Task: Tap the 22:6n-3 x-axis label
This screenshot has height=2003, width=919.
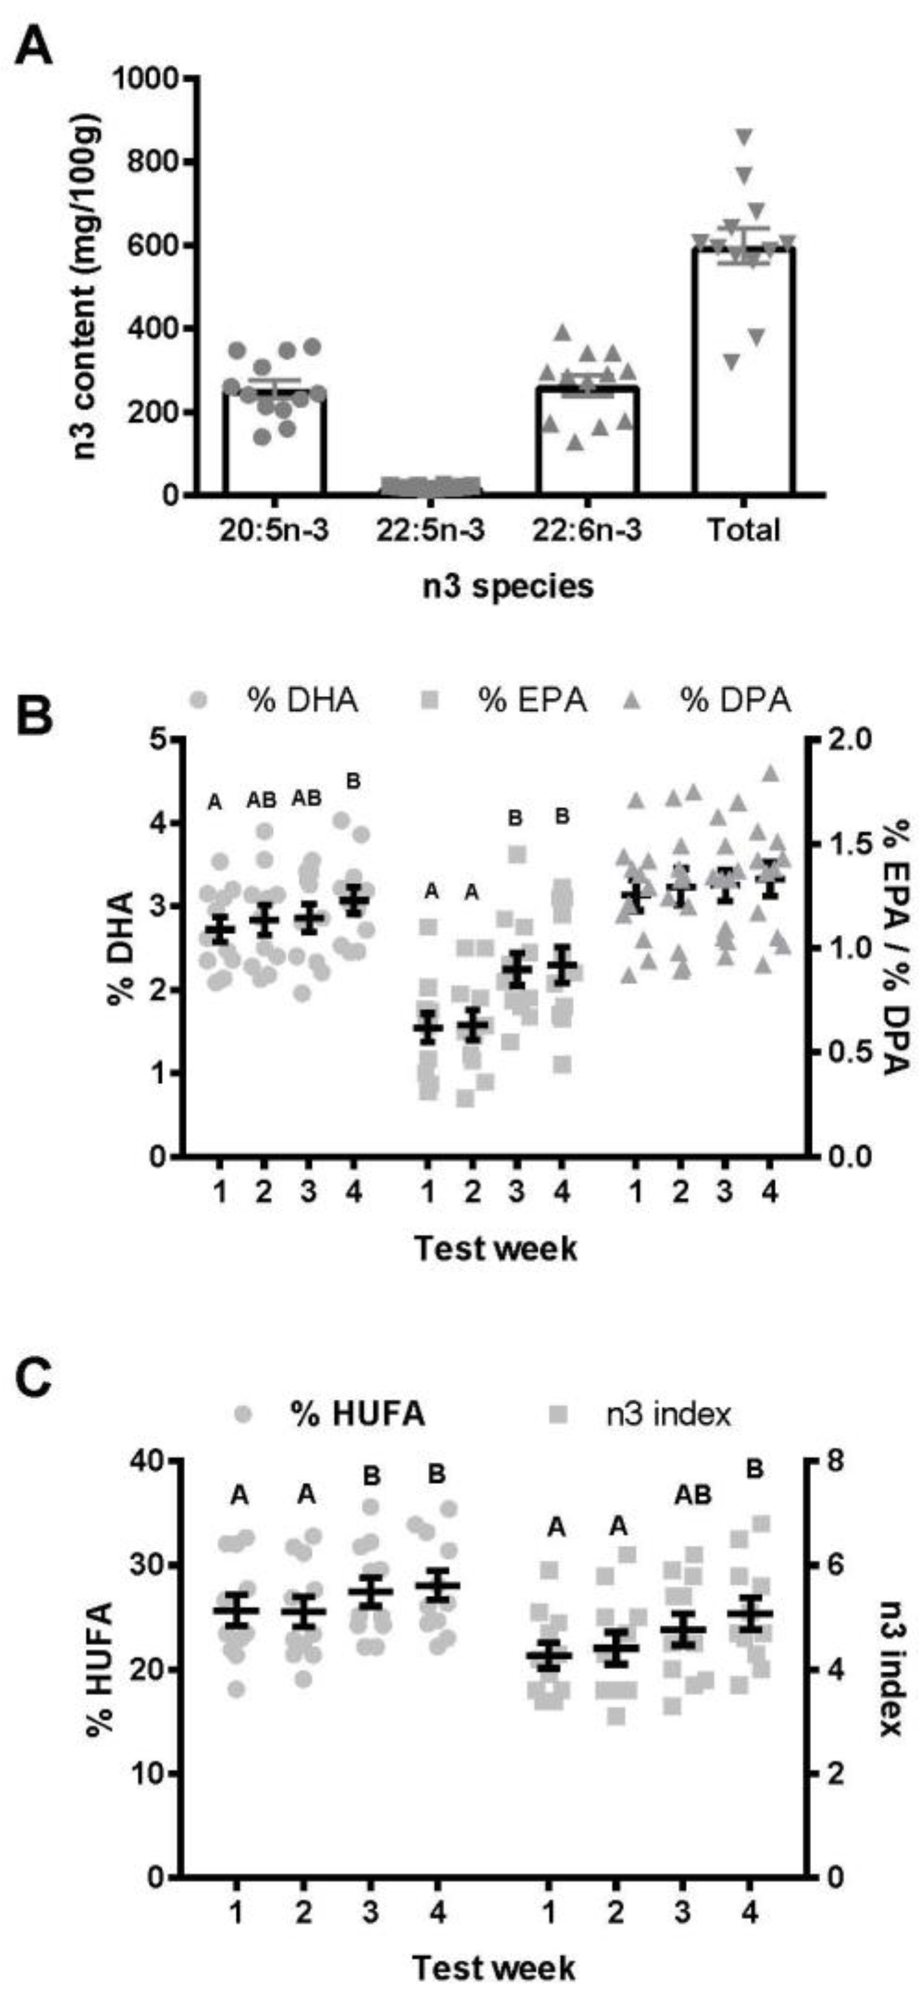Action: pyautogui.click(x=588, y=530)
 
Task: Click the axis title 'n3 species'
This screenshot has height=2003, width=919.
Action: pyautogui.click(x=508, y=586)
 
